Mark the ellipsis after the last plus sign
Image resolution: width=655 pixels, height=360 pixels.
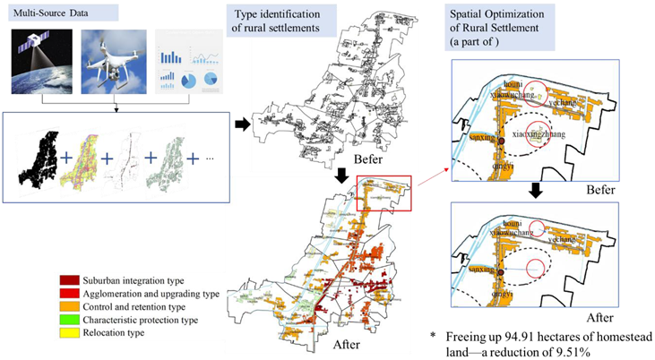(211, 159)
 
